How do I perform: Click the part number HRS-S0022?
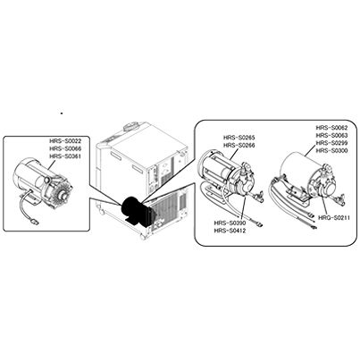click(65, 141)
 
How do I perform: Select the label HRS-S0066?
click(65, 148)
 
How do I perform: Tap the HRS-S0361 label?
click(65, 156)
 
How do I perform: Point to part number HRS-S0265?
click(239, 138)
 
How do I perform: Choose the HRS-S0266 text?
click(239, 145)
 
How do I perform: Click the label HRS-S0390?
click(230, 223)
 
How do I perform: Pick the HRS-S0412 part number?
click(230, 231)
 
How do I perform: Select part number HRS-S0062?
click(331, 128)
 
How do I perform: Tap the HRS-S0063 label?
click(331, 135)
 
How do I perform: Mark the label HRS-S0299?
click(331, 143)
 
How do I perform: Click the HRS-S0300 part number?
click(331, 151)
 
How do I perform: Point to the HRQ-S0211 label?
click(333, 218)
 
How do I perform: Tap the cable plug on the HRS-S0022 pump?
click(36, 222)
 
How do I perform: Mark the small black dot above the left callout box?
click(62, 114)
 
